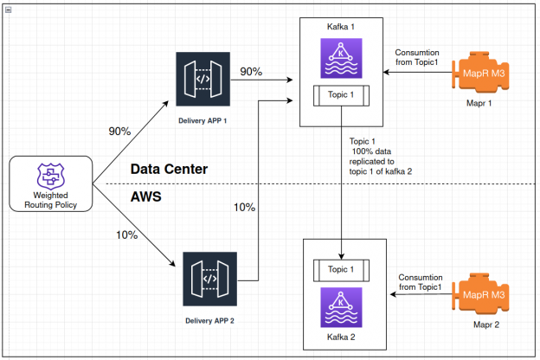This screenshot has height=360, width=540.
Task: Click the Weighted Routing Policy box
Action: (x=50, y=183)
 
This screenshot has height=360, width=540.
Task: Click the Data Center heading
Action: (x=169, y=169)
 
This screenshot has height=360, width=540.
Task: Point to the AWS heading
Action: (x=145, y=197)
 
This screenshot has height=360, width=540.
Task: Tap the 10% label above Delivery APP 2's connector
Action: (x=245, y=208)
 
